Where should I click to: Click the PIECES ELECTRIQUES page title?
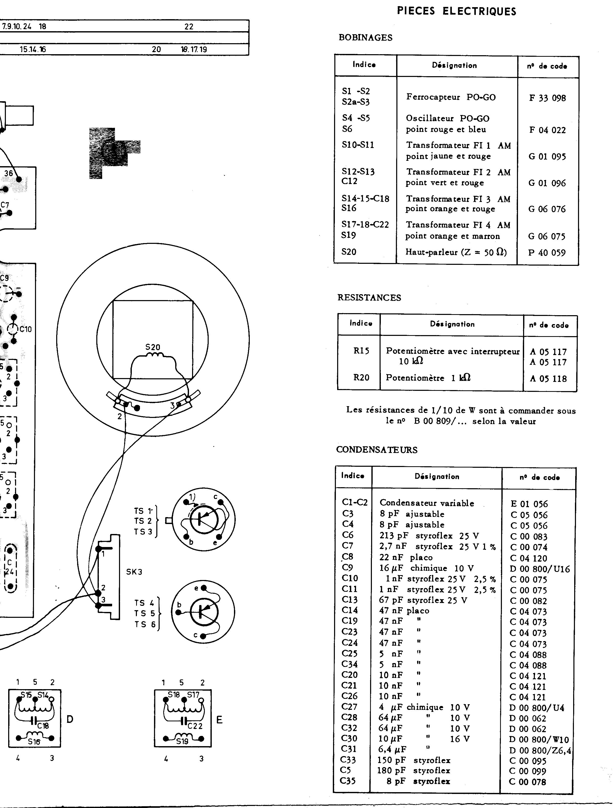(456, 11)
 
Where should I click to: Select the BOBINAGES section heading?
(366, 38)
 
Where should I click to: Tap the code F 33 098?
(547, 98)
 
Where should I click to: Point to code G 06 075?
(547, 236)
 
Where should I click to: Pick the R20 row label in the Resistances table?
(361, 377)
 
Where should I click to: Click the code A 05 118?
(548, 379)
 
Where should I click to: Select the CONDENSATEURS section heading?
(377, 450)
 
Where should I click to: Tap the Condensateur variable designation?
(427, 503)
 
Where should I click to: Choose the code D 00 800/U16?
(540, 569)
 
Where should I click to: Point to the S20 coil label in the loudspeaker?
(152, 347)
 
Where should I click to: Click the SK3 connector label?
(134, 572)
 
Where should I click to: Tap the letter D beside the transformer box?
(70, 720)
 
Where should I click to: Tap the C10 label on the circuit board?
(26, 329)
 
